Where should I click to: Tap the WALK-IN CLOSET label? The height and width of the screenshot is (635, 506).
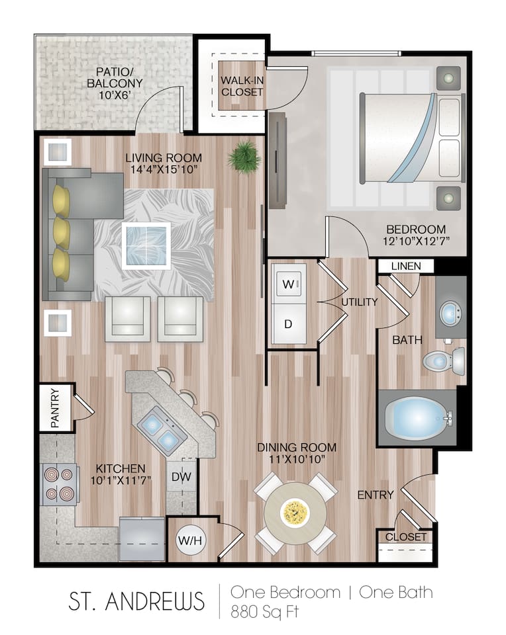(x=242, y=86)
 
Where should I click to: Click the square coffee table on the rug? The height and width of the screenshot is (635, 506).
(x=146, y=245)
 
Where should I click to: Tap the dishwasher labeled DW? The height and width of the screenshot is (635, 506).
(x=181, y=476)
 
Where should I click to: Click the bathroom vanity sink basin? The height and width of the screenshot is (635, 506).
(x=452, y=314)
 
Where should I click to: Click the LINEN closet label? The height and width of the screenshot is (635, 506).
(x=405, y=266)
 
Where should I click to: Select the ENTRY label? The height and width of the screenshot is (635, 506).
(x=376, y=495)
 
